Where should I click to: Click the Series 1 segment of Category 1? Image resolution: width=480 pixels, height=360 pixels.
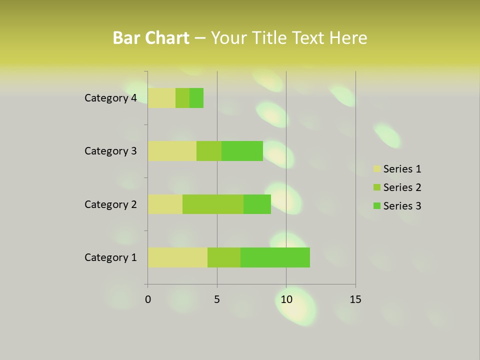(x=177, y=257)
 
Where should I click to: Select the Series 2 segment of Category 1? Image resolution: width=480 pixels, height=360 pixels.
(x=224, y=257)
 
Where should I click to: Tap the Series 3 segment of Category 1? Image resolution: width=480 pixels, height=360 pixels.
(x=275, y=257)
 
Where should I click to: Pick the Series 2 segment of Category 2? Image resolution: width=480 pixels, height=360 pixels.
(x=213, y=204)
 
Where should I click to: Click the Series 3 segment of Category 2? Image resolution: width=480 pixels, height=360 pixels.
(x=257, y=204)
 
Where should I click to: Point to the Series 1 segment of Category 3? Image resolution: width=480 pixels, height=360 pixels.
(x=172, y=151)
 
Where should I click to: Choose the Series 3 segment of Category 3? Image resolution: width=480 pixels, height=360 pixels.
(x=242, y=151)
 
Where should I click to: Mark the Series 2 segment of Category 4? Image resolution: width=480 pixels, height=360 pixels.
(x=182, y=98)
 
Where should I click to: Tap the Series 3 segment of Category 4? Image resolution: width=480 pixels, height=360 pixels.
(x=196, y=98)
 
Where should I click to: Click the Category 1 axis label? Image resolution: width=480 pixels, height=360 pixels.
(x=110, y=257)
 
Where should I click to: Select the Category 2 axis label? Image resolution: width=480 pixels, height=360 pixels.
(x=110, y=204)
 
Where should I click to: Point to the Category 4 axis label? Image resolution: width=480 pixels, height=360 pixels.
(x=110, y=98)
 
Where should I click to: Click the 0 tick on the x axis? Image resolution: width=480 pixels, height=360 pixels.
(x=148, y=299)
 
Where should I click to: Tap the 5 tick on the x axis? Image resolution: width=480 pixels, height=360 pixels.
(x=217, y=299)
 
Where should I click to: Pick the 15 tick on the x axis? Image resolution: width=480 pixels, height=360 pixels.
(x=355, y=299)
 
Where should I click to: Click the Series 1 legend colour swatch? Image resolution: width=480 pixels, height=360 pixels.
(x=376, y=169)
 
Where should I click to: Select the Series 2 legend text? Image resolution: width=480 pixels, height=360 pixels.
(x=402, y=187)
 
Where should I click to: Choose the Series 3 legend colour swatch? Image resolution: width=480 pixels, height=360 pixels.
(x=376, y=206)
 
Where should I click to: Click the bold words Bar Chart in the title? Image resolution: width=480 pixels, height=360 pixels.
(x=151, y=38)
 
